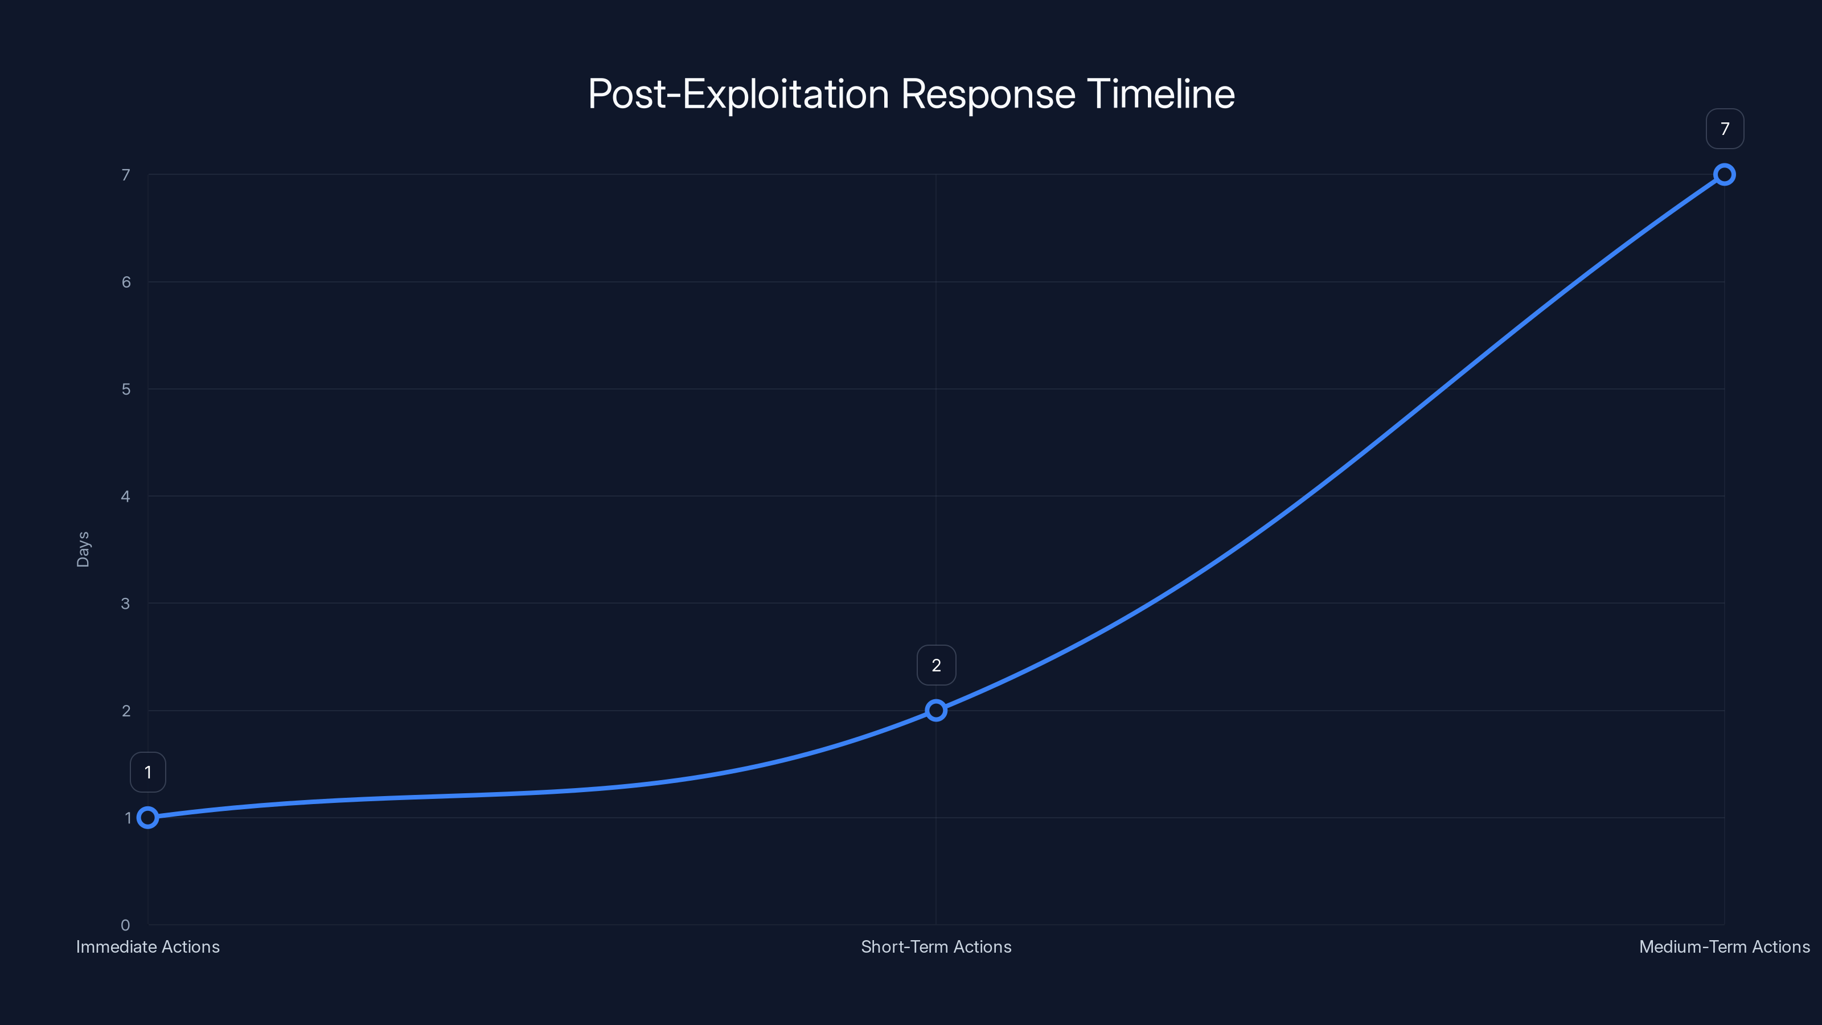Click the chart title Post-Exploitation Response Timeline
[911, 94]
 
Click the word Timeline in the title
[1161, 94]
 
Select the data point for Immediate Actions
[148, 818]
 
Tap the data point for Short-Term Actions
[935, 710]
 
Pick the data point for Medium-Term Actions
[1725, 175]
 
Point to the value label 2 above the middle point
[935, 665]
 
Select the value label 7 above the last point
[1725, 129]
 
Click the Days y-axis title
[83, 550]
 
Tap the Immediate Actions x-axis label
[148, 946]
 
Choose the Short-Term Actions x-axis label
[935, 946]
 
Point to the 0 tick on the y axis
[125, 925]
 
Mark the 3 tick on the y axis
[125, 604]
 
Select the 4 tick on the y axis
[125, 497]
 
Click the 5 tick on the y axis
[125, 389]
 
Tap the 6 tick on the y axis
[125, 282]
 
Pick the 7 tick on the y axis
[125, 175]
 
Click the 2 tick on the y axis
[125, 711]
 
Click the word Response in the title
[988, 94]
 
